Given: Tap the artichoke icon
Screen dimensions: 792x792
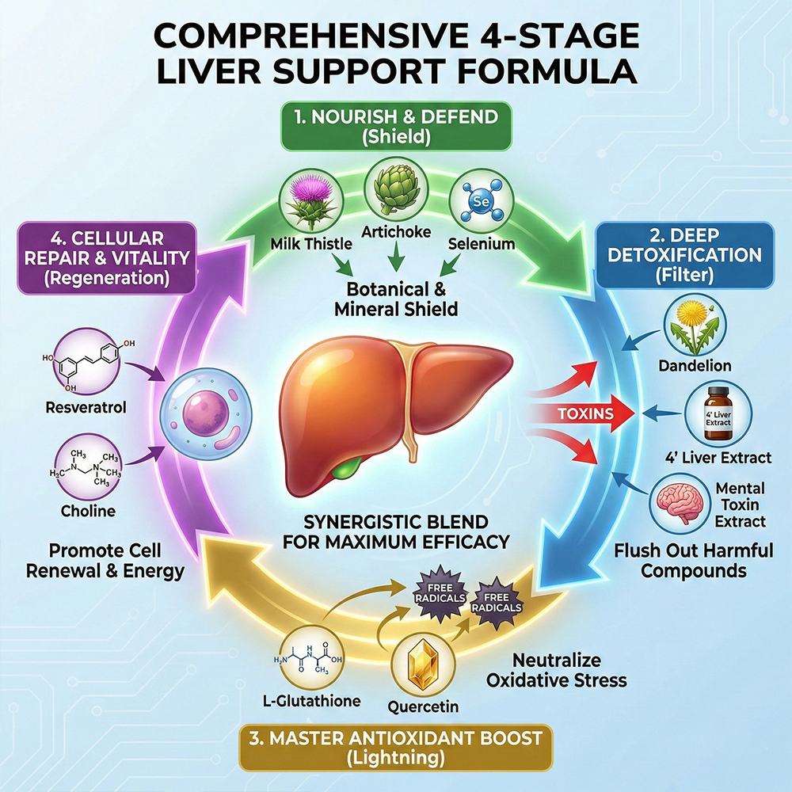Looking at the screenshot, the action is (396, 190).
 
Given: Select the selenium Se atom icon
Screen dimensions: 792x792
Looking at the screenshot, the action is (481, 202).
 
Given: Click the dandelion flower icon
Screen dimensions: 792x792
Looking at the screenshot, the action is (695, 326).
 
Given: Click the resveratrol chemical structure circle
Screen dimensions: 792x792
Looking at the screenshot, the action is (87, 362).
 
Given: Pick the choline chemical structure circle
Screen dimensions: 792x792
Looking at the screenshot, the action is (87, 466).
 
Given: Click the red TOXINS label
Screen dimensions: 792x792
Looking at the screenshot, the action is (586, 413).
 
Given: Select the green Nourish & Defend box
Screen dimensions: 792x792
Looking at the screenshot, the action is (396, 126).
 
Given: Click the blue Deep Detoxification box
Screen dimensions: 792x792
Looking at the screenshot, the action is (685, 255).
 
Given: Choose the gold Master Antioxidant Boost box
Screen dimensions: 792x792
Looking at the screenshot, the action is (396, 748).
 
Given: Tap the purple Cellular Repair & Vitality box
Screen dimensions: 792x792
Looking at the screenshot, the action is (107, 258).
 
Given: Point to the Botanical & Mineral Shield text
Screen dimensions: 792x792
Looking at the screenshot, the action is (396, 299).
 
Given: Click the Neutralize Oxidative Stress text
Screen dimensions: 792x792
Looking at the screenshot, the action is (556, 670).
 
